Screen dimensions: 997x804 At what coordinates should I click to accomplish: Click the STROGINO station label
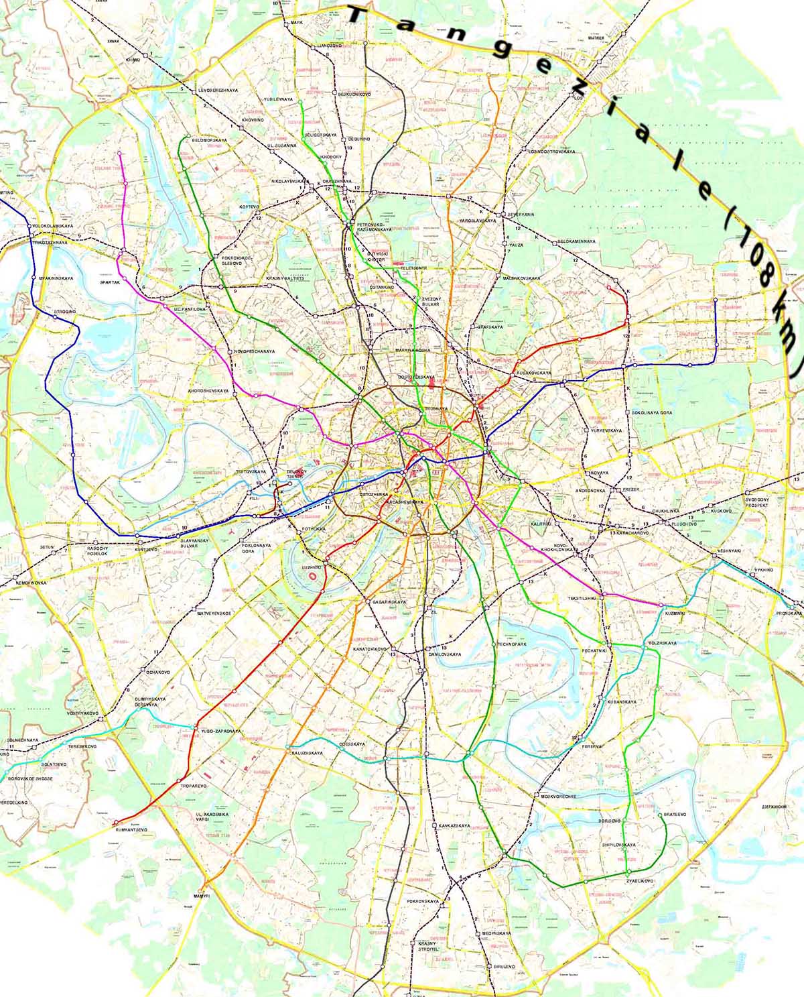pyautogui.click(x=64, y=312)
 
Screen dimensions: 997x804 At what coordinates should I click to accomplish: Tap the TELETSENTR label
pyautogui.click(x=413, y=268)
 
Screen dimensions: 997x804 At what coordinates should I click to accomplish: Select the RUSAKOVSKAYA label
pyautogui.click(x=533, y=372)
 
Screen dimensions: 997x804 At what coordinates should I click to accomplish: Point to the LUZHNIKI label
pyautogui.click(x=312, y=567)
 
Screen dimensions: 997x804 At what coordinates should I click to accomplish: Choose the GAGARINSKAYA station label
pyautogui.click(x=389, y=602)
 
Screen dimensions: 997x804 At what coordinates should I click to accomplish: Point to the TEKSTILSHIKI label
pyautogui.click(x=582, y=597)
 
